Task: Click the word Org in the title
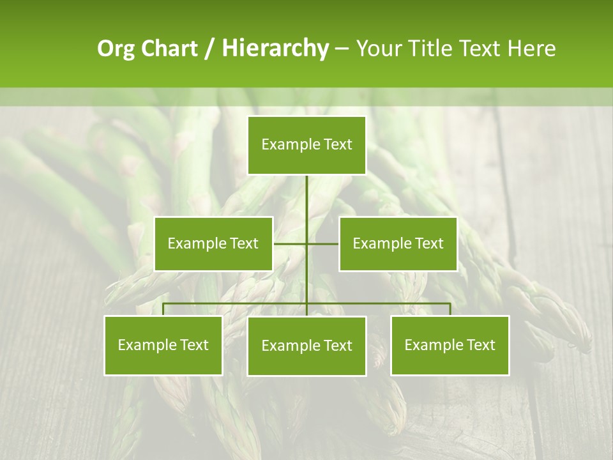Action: (x=116, y=49)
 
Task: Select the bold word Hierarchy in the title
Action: (x=275, y=49)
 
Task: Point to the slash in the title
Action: (x=209, y=49)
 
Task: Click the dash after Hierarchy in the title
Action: (x=342, y=49)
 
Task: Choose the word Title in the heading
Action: (x=431, y=49)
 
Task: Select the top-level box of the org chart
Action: (x=306, y=145)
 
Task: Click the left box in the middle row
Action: (x=213, y=243)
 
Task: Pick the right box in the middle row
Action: (x=398, y=243)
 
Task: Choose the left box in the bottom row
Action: (x=163, y=345)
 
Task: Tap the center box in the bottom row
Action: (x=306, y=346)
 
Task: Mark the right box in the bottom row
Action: (x=450, y=345)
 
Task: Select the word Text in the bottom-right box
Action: (x=481, y=345)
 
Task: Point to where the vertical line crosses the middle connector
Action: (x=306, y=243)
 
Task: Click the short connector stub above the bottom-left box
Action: (x=163, y=309)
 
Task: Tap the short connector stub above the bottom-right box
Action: (x=450, y=309)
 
